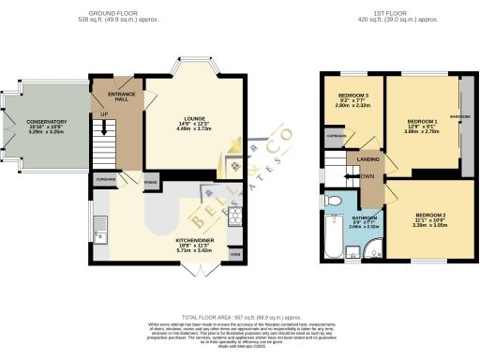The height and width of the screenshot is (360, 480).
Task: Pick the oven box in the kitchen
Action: tap(234, 254)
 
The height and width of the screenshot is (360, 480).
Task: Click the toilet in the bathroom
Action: tap(329, 202)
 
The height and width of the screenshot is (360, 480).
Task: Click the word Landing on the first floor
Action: tap(367, 159)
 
